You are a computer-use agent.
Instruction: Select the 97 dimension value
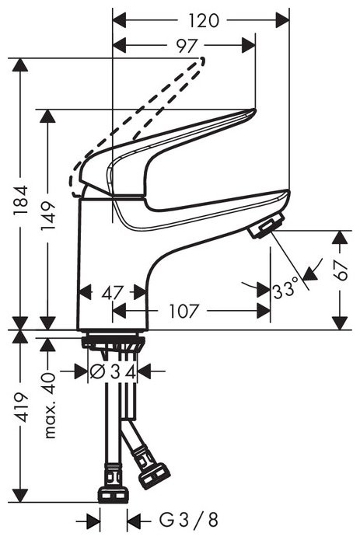click(x=184, y=46)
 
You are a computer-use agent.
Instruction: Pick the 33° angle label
click(x=286, y=291)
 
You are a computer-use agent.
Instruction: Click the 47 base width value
click(x=114, y=293)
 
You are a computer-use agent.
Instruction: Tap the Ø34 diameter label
click(x=114, y=372)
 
